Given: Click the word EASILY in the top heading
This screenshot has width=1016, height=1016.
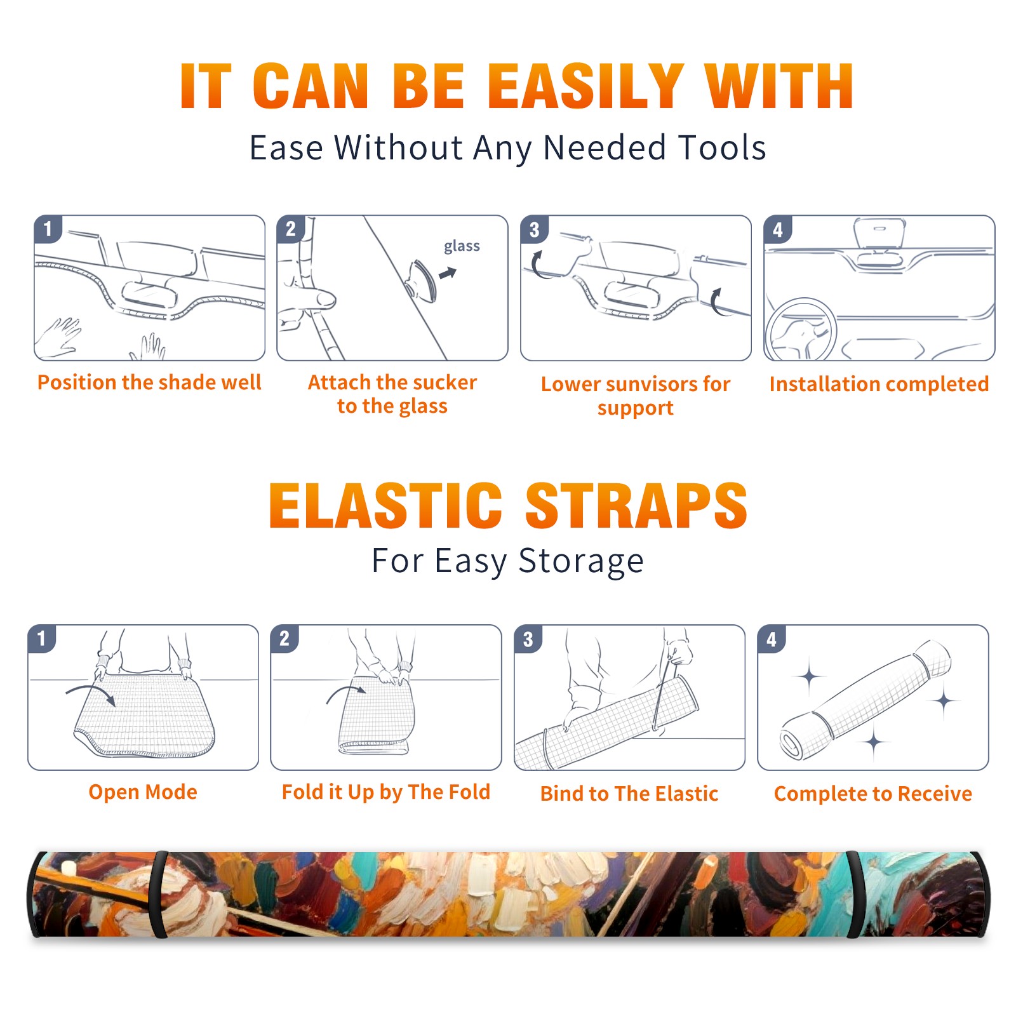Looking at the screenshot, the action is click(x=587, y=86).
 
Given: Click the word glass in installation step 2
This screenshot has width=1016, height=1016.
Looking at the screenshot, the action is click(x=462, y=246).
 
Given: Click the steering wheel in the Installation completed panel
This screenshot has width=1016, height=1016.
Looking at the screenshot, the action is click(x=801, y=330).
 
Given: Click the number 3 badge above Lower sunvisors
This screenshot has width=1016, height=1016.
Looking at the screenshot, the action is click(x=534, y=229).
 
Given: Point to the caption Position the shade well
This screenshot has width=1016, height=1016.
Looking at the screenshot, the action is click(x=149, y=382).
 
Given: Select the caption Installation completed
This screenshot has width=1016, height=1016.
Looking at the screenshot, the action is click(x=879, y=384).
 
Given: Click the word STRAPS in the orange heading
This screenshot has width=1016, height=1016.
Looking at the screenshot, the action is click(x=637, y=505).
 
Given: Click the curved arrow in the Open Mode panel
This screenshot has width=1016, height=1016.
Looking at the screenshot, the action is click(x=91, y=691).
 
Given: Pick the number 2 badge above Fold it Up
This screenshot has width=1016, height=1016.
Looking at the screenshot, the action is click(x=284, y=638).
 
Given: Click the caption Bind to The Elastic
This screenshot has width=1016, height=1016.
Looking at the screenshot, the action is click(x=629, y=794).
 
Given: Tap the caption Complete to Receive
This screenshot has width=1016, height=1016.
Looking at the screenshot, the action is click(x=873, y=794).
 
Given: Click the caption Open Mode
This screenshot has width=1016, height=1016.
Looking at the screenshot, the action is click(x=143, y=792).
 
